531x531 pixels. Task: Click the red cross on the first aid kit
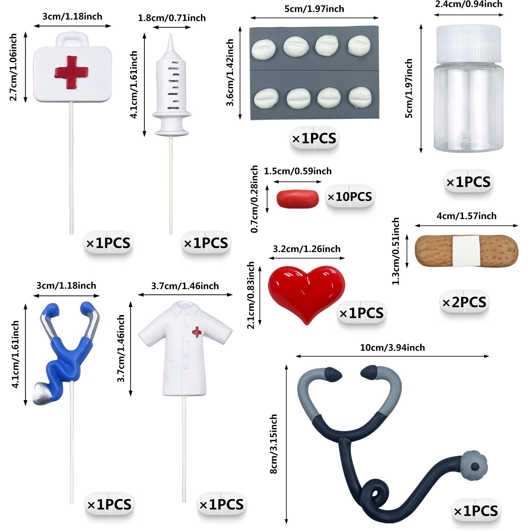[72, 72]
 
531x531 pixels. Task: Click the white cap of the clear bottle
[468, 43]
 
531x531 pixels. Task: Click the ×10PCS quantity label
[350, 197]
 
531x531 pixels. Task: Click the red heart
[306, 292]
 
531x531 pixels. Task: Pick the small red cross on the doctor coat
[196, 332]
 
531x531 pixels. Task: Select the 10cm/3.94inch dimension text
[392, 348]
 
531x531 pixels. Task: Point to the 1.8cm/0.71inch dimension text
[172, 18]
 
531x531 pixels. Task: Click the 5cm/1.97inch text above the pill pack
[314, 9]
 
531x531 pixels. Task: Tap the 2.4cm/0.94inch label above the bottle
[469, 4]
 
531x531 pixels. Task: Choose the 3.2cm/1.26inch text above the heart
[306, 249]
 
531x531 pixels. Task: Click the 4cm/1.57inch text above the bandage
[467, 216]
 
